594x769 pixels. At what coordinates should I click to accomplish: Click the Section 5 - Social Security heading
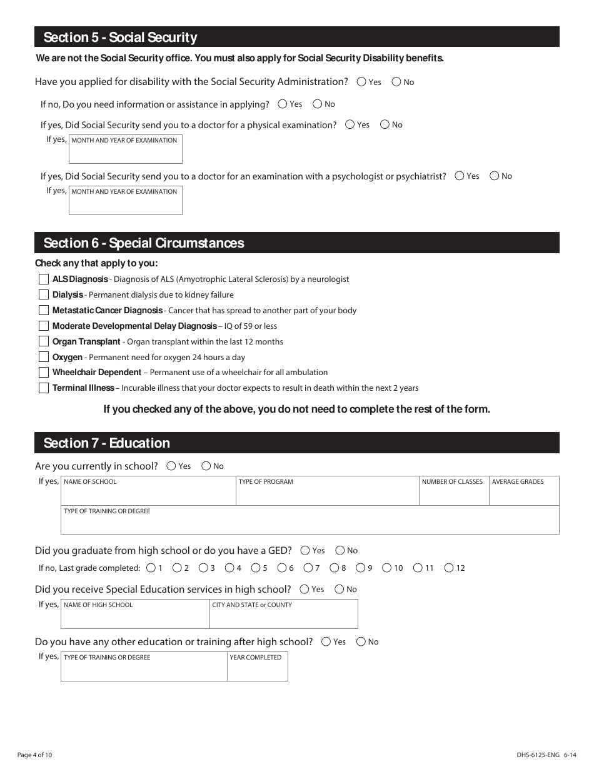point(120,38)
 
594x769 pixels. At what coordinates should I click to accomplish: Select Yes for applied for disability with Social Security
point(362,81)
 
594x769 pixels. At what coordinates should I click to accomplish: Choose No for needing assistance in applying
point(318,104)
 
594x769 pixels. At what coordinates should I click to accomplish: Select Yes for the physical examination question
point(350,124)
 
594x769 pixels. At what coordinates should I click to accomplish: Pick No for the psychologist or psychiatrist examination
point(495,176)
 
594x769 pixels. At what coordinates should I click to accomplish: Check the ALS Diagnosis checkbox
point(44,279)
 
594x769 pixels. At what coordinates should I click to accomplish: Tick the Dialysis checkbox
point(44,294)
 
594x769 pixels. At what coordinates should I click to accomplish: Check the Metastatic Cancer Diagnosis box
point(44,310)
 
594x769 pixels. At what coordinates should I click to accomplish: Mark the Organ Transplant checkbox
point(44,341)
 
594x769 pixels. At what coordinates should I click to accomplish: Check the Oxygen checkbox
point(44,357)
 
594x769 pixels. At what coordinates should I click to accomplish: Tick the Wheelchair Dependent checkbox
point(44,372)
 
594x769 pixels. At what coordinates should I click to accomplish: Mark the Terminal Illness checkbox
point(44,388)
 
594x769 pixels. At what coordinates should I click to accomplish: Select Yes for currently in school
point(171,466)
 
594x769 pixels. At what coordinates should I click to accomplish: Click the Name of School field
point(148,494)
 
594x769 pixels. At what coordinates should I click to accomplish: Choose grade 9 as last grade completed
point(361,568)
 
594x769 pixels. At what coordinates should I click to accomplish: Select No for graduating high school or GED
point(340,550)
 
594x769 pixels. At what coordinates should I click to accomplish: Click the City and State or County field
point(283,617)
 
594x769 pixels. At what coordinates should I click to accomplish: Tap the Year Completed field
point(257,670)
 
